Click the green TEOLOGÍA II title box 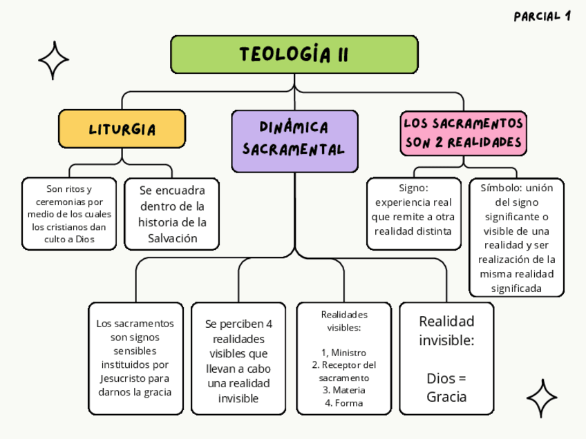294,55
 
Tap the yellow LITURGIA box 122,129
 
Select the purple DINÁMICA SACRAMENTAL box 294,139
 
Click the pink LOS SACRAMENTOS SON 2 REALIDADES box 463,133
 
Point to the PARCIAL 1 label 542,17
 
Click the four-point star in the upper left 53,60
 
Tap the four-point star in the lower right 542,398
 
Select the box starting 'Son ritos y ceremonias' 69,214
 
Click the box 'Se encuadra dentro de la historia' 172,214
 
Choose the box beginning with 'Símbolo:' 516,237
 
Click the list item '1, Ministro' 344,353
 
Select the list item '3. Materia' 344,390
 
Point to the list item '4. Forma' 344,403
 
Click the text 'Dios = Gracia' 446,387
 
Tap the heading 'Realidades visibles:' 344,321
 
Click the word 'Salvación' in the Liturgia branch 172,238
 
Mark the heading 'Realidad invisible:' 446,331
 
